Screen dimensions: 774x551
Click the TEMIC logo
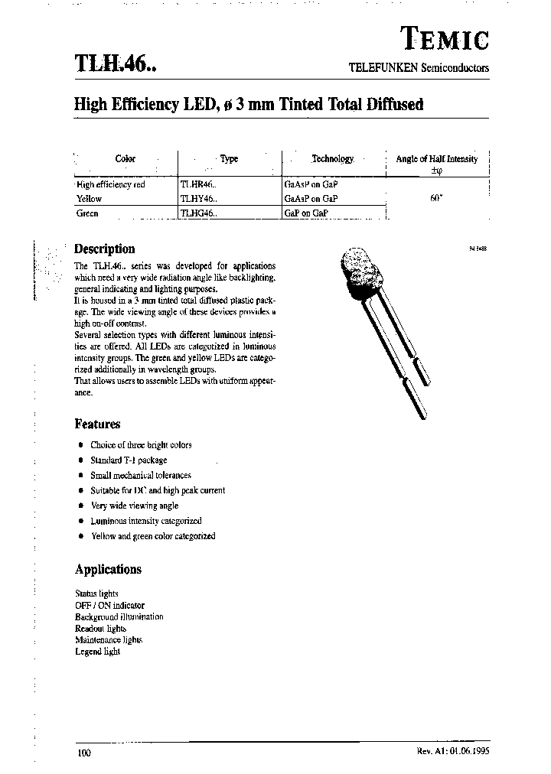click(445, 37)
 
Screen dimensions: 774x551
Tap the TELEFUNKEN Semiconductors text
click(418, 67)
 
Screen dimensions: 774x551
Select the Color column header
click(125, 159)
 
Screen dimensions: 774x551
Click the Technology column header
click(332, 159)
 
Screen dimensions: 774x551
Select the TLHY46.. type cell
click(199, 199)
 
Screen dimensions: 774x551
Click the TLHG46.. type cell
click(199, 214)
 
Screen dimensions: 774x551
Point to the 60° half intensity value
click(436, 199)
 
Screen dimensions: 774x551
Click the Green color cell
click(87, 214)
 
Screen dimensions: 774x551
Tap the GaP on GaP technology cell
click(306, 214)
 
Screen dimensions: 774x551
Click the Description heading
click(104, 249)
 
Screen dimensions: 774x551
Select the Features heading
click(97, 424)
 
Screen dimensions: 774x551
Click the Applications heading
click(108, 569)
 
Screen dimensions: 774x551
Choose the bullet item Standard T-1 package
click(128, 460)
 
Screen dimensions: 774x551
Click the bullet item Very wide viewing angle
click(134, 506)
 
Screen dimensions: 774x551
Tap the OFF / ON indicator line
click(109, 605)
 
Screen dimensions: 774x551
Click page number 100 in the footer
click(84, 753)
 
